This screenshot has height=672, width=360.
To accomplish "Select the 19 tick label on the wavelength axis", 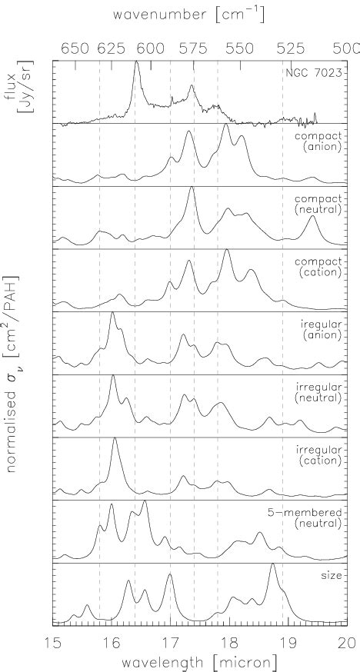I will [288, 641].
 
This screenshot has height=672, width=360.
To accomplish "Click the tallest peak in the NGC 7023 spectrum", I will [136, 62].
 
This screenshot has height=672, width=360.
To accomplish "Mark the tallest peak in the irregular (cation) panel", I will [115, 439].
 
